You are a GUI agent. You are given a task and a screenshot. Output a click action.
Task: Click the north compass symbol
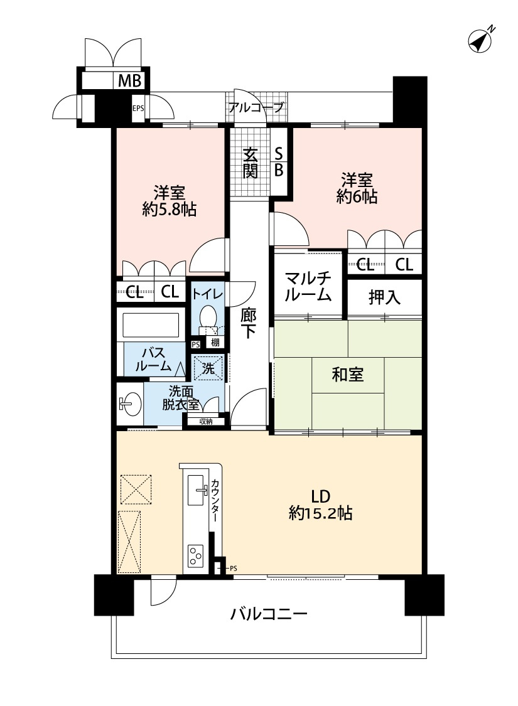click(481, 41)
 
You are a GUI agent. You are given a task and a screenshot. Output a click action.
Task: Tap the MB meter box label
click(130, 80)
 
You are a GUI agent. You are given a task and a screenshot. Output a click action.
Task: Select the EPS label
click(138, 108)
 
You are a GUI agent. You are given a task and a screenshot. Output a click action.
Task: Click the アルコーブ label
click(256, 107)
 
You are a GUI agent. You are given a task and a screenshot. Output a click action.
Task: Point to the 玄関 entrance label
click(251, 163)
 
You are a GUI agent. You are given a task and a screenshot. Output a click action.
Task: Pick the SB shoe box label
click(279, 161)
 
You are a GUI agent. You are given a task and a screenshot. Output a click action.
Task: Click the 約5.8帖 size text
click(169, 210)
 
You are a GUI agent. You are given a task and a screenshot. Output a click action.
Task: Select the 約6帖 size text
click(357, 197)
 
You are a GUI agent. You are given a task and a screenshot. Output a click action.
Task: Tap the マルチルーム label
click(308, 286)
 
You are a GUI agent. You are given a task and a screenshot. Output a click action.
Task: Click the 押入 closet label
click(384, 297)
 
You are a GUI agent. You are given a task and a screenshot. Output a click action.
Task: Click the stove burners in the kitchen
click(196, 555)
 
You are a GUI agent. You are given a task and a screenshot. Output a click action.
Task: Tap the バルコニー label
click(268, 613)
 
